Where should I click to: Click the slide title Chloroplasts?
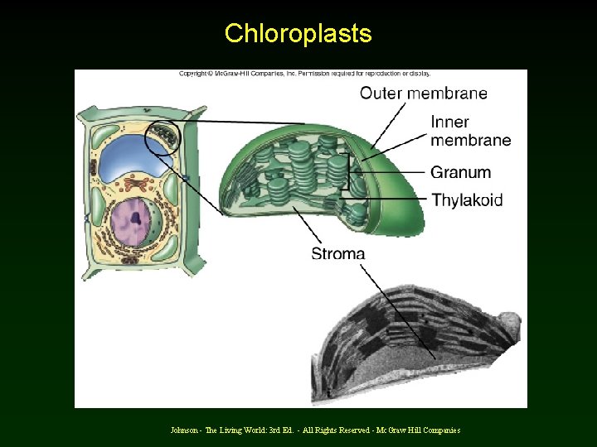point(298,34)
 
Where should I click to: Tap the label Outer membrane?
point(423,93)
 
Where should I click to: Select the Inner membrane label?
point(470,131)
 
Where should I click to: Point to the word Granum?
point(460,172)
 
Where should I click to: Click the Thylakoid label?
point(467,199)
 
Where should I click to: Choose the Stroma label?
point(337,253)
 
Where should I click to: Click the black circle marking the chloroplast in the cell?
point(162,137)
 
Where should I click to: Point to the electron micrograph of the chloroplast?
point(419,344)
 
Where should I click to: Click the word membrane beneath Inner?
point(470,140)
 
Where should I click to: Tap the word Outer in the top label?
point(379,93)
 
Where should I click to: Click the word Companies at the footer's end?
point(439,430)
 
